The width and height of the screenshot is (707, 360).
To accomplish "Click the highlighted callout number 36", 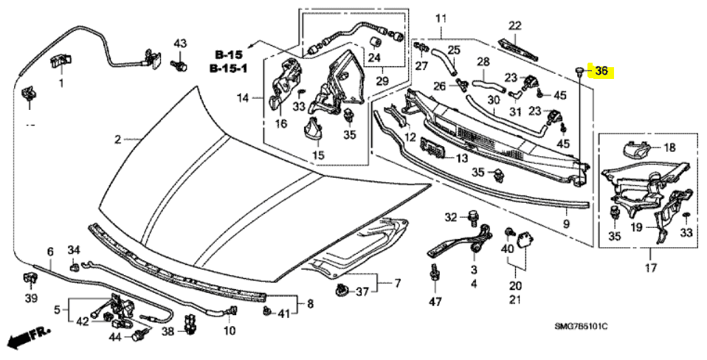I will click(x=601, y=72).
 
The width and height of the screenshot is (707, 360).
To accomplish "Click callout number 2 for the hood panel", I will click(x=117, y=139).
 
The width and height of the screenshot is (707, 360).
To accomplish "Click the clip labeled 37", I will click(x=341, y=291).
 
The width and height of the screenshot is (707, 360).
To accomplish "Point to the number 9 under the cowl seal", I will click(x=566, y=224).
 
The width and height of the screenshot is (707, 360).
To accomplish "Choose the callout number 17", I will click(x=650, y=269).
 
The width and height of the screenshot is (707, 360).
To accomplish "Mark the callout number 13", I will click(x=461, y=159).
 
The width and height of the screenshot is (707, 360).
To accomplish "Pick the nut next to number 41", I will click(x=266, y=313).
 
